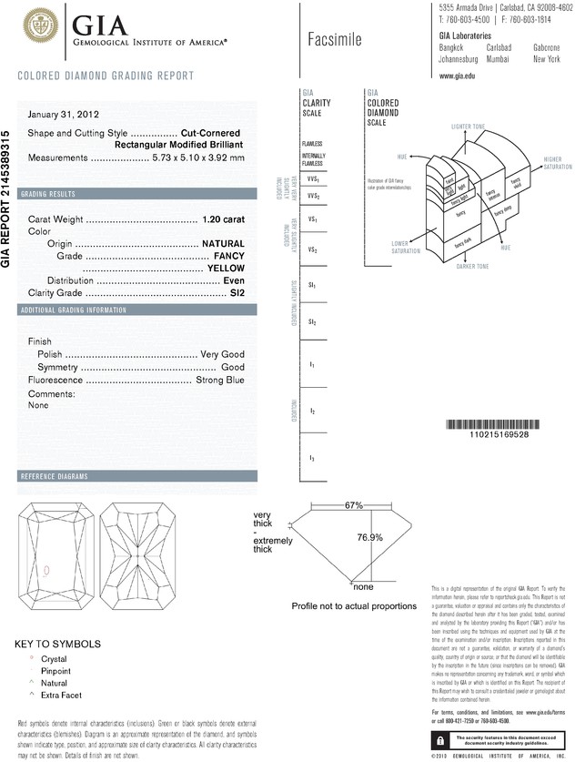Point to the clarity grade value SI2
[x=238, y=293]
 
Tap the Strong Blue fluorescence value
[x=219, y=380]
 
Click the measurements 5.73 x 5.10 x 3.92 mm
[x=199, y=157]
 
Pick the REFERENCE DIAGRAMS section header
[x=54, y=477]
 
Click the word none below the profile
[x=364, y=586]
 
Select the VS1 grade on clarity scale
[x=312, y=220]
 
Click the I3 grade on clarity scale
[x=312, y=457]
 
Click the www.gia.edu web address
[x=458, y=76]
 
